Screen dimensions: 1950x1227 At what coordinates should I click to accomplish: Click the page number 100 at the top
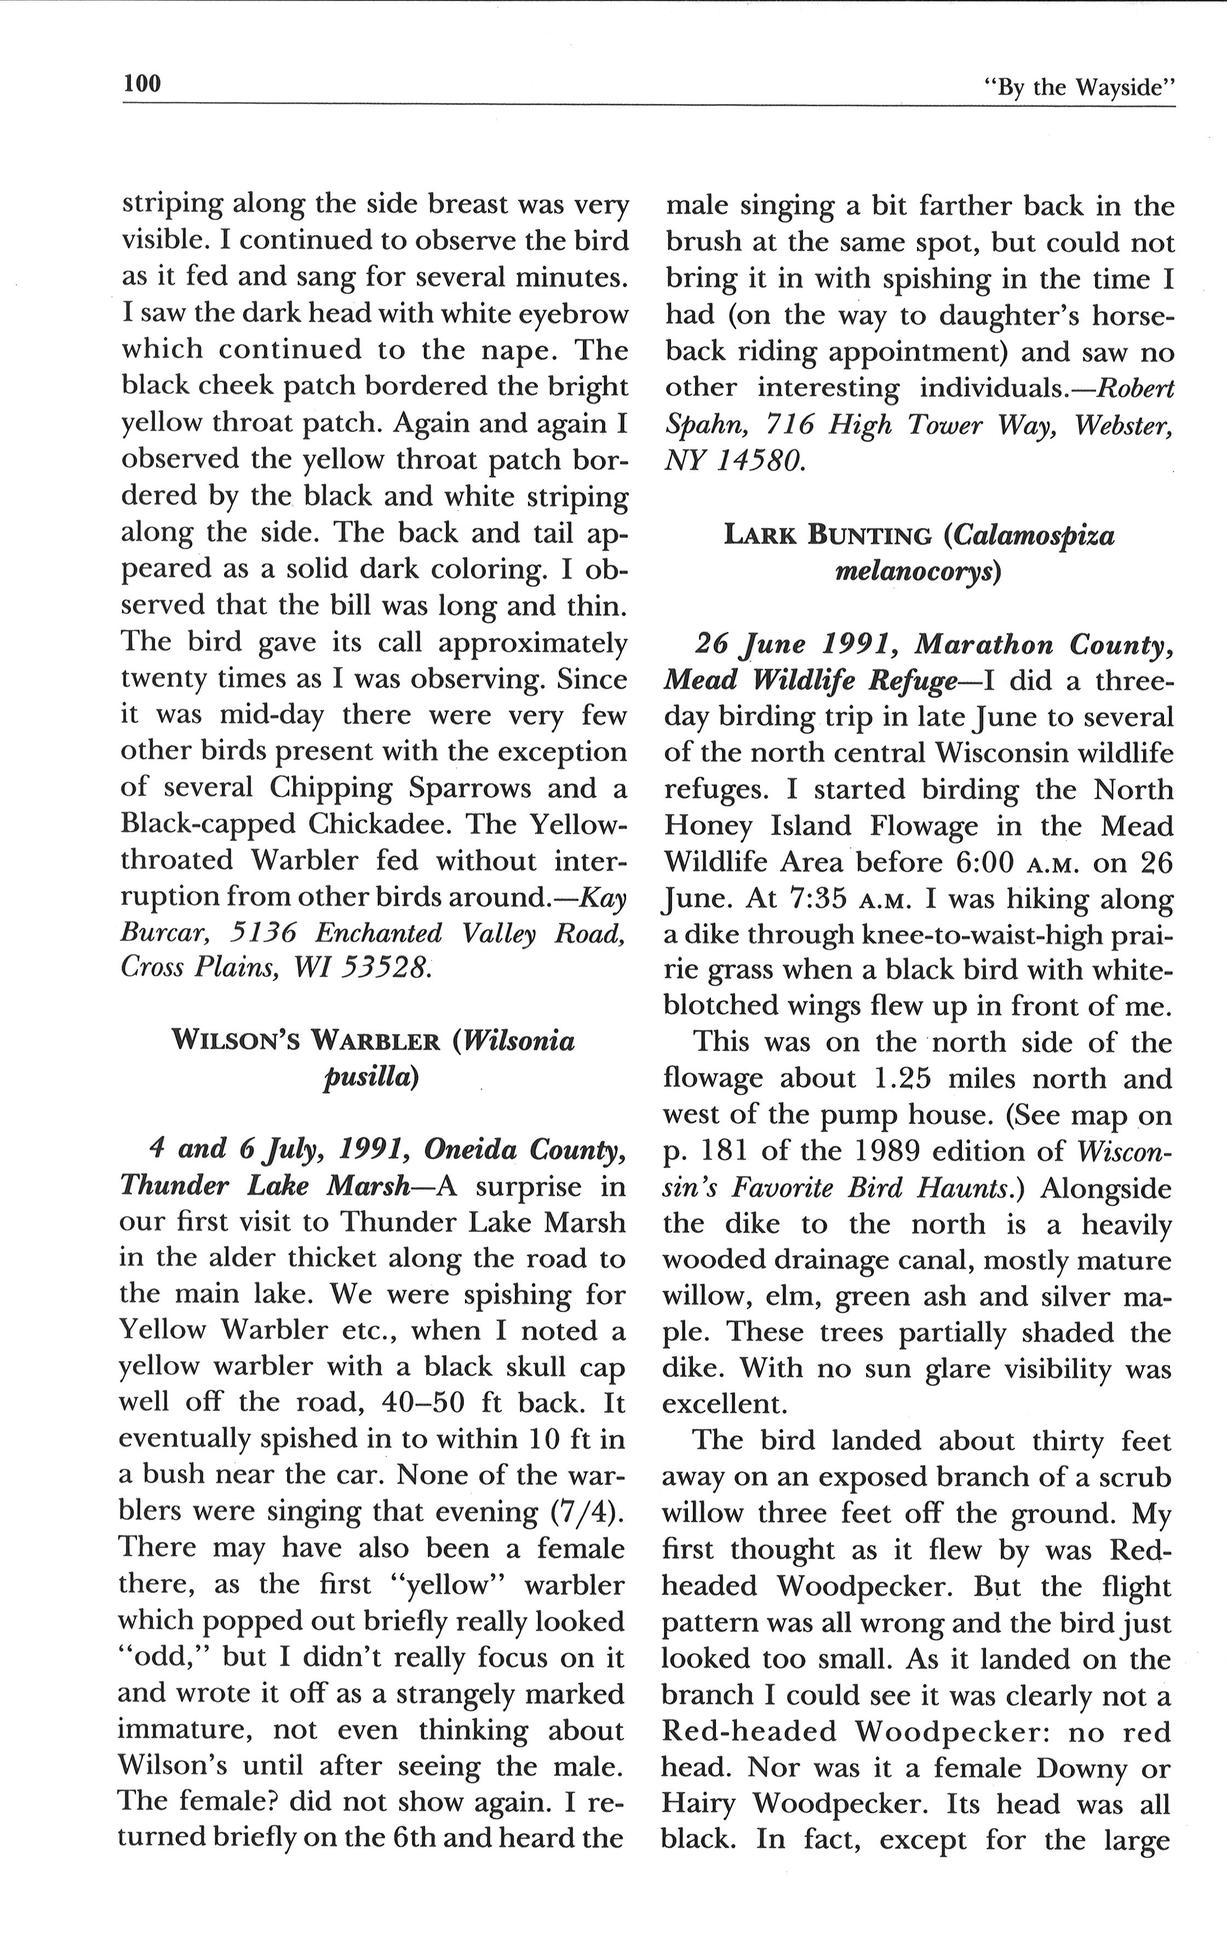(x=142, y=83)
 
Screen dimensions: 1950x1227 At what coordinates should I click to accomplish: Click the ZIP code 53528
(x=381, y=968)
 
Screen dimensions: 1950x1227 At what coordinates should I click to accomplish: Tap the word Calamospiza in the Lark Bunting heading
(x=1034, y=536)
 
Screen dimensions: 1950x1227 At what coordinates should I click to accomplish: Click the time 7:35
(x=812, y=898)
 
